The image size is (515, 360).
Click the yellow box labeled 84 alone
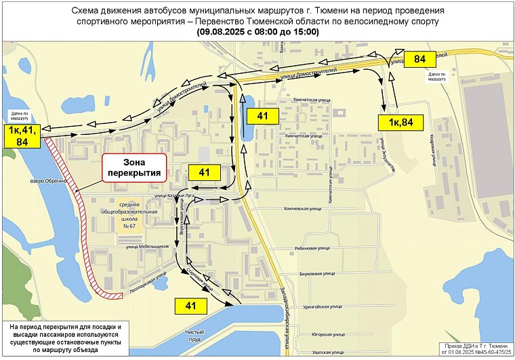click(419, 60)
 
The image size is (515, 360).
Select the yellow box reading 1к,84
click(397, 122)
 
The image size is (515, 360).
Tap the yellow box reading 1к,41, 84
click(22, 135)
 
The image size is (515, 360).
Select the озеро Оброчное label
click(48, 181)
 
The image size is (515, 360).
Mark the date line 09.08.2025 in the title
click(257, 32)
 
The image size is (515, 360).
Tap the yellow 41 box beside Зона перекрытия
click(205, 173)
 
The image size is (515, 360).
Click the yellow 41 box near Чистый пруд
click(191, 305)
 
